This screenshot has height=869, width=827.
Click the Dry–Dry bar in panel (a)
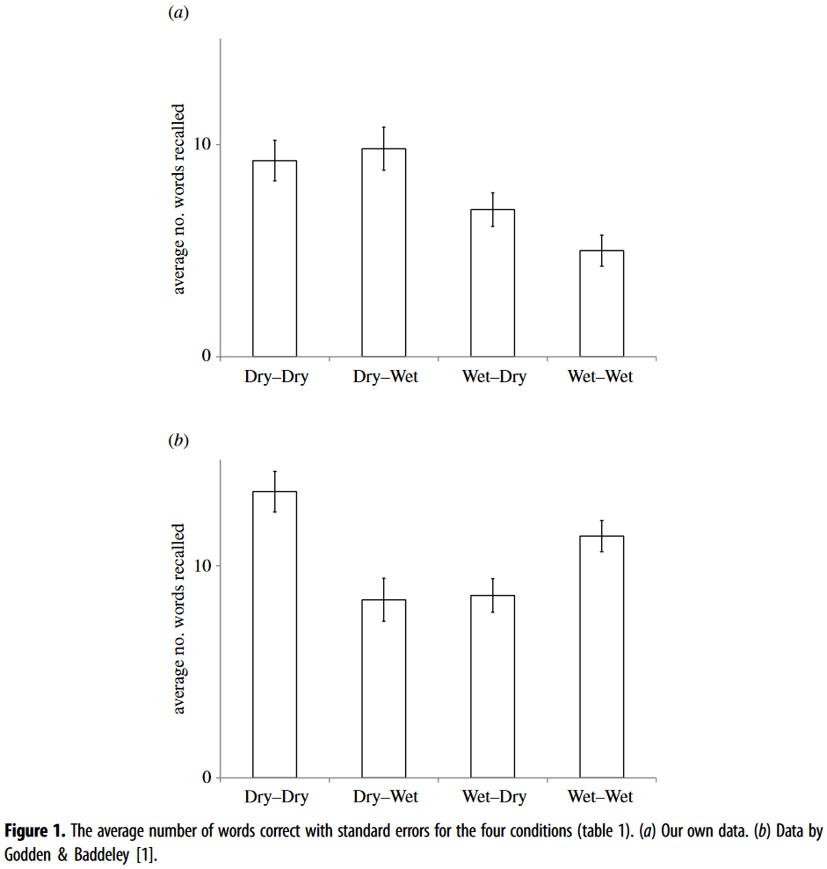point(274,258)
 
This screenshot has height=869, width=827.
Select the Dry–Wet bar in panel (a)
point(383,252)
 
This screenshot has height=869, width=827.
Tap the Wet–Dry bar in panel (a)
point(492,283)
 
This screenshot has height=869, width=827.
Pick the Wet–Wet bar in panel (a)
point(601,303)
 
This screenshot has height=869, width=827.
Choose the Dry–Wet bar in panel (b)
point(383,689)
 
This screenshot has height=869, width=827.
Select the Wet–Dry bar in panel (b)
point(492,686)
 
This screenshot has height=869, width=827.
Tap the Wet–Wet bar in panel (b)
point(601,656)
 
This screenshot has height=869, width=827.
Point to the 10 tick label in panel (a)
point(202,144)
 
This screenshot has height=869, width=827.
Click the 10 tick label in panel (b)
point(202,566)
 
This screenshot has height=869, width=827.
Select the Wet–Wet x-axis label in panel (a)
point(600,377)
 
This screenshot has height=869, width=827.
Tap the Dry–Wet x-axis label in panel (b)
point(385,798)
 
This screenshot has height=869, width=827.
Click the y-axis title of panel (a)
point(179,199)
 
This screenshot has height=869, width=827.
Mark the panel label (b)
point(178,441)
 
